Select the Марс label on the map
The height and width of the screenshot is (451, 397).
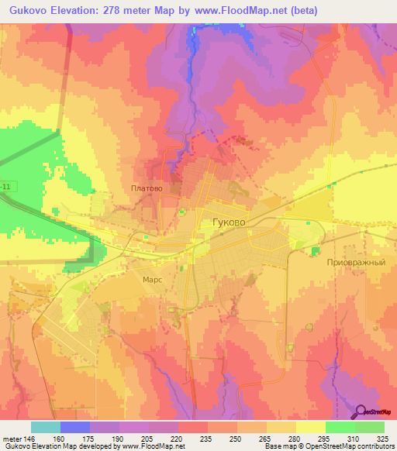coord(152,279)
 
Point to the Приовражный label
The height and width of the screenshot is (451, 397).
coord(360,263)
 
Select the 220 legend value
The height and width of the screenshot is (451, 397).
coord(164,438)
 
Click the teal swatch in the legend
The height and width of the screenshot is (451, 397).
coord(46,427)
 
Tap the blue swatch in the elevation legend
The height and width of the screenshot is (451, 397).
coord(75,427)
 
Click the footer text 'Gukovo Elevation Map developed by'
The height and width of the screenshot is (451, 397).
coord(58,446)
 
